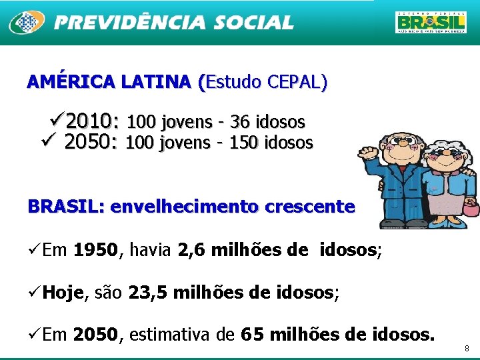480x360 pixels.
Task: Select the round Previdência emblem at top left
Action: pyautogui.click(x=26, y=23)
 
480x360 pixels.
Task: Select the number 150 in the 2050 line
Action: pyautogui.click(x=245, y=142)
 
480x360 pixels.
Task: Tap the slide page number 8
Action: pyautogui.click(x=467, y=348)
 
